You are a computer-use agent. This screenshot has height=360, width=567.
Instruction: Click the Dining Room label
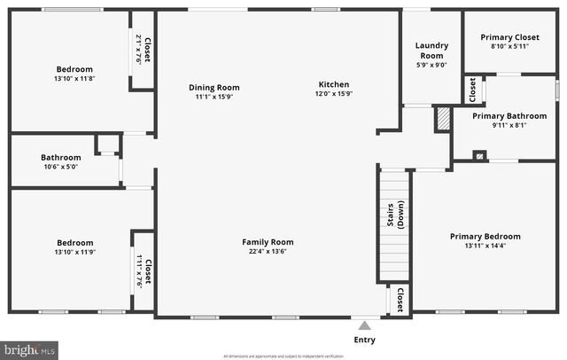(x=214, y=88)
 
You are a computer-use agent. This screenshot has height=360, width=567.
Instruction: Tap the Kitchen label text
(x=335, y=84)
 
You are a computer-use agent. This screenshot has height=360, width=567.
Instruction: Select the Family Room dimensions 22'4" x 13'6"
(x=268, y=251)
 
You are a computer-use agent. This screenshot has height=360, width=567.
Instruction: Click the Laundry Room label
(x=431, y=51)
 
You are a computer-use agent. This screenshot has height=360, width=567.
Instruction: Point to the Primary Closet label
(x=509, y=37)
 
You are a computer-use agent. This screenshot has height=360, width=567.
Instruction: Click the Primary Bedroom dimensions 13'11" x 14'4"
(x=485, y=246)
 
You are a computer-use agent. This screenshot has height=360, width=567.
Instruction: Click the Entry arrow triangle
(x=364, y=324)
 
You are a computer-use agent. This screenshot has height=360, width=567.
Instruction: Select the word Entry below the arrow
(x=364, y=340)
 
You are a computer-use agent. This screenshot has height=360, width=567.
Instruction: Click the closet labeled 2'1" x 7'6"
(x=144, y=50)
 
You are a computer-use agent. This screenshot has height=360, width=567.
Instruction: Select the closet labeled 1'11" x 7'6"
(x=144, y=270)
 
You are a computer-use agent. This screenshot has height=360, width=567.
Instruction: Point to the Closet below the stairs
(x=400, y=300)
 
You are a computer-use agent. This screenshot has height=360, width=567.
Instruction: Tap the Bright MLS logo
(x=29, y=350)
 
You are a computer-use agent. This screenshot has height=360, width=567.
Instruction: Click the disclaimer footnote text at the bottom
(x=283, y=356)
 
